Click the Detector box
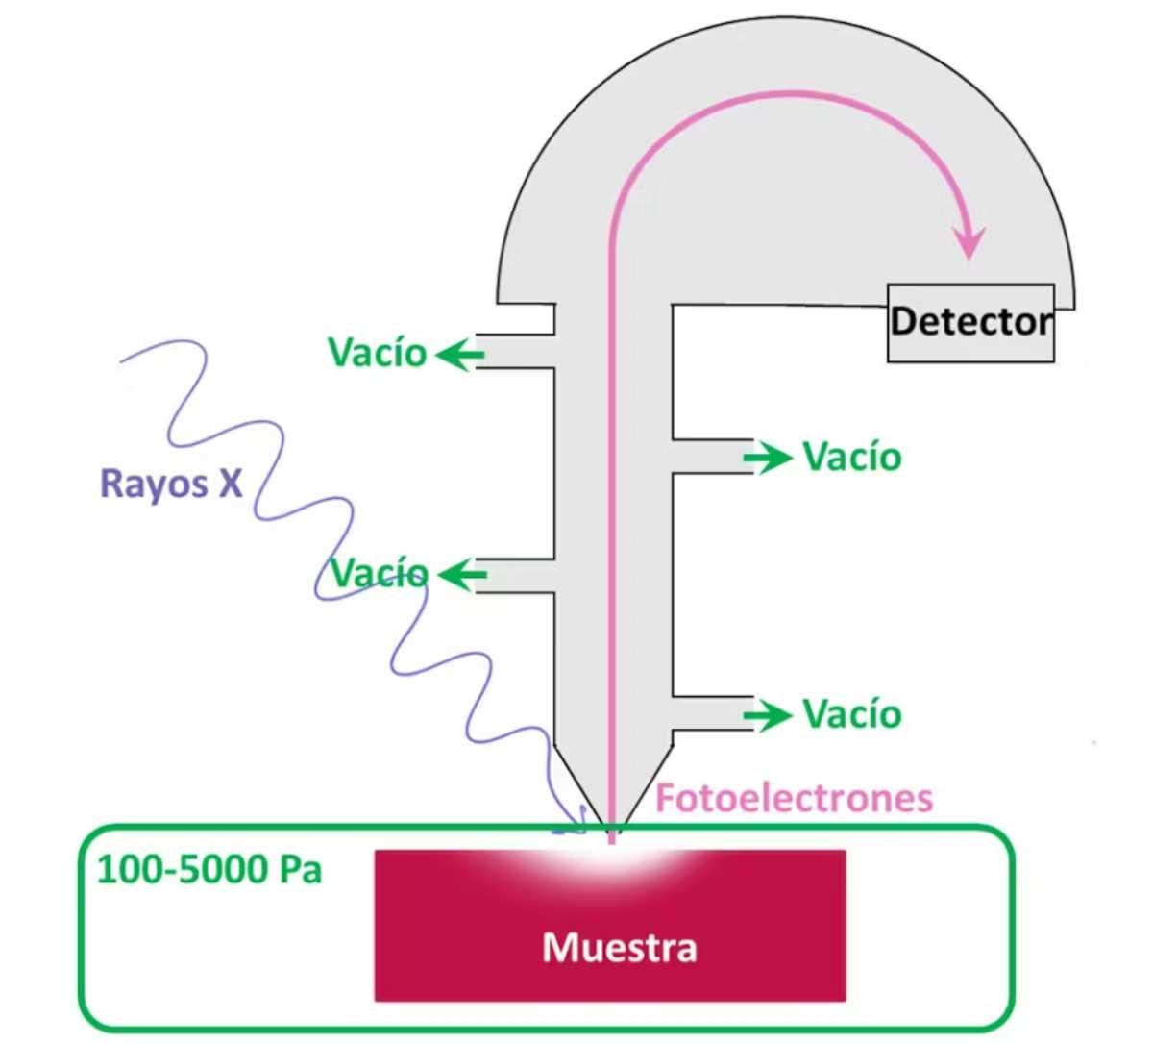pyautogui.click(x=970, y=323)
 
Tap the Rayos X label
pyautogui.click(x=171, y=483)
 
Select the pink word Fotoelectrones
pyautogui.click(x=794, y=798)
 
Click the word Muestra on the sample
pyautogui.click(x=620, y=948)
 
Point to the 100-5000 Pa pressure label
pyautogui.click(x=209, y=870)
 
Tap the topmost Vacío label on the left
pyautogui.click(x=377, y=353)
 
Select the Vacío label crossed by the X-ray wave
pyautogui.click(x=380, y=574)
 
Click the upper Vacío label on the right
pyautogui.click(x=852, y=457)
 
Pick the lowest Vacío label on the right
pyautogui.click(x=852, y=714)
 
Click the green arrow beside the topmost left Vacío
pyautogui.click(x=460, y=355)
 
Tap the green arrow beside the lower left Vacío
pyautogui.click(x=462, y=576)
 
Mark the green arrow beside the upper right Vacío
pyautogui.click(x=768, y=459)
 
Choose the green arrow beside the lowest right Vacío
pyautogui.click(x=768, y=715)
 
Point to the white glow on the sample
pyautogui.click(x=612, y=858)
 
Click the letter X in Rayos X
pyautogui.click(x=230, y=483)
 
